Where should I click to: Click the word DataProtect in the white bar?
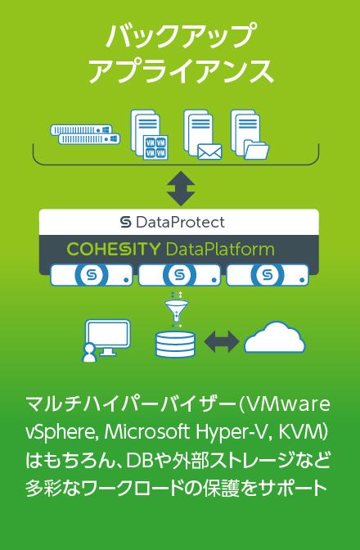180,222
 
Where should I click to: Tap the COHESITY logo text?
113,249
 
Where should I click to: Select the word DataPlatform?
220,249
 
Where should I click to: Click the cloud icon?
274,337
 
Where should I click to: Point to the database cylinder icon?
175,344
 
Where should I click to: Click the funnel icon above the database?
176,309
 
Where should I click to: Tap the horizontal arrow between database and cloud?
222,341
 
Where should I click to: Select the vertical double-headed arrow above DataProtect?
181,188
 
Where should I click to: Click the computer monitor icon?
108,337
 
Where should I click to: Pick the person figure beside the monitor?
89,353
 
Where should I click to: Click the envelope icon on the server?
209,152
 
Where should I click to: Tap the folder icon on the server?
257,150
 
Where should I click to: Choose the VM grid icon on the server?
155,147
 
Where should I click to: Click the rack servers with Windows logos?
85,134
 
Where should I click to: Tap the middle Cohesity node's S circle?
179,275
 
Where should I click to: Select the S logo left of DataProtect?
125,222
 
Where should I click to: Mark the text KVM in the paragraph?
300,432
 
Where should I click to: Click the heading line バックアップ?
180,36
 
